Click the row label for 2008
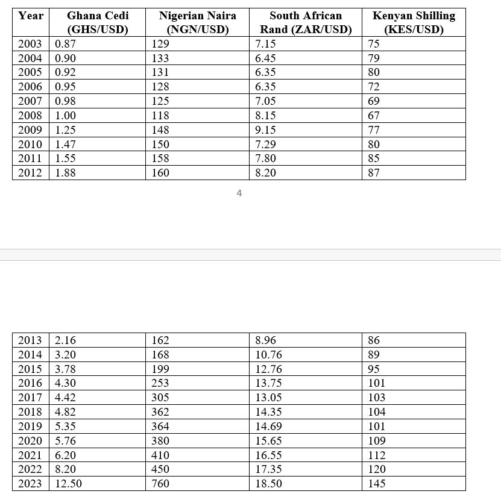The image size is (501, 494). click(30, 116)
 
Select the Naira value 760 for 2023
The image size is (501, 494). click(160, 484)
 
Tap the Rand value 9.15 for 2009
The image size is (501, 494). click(266, 130)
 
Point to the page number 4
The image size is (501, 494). click(239, 193)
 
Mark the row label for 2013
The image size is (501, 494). click(30, 340)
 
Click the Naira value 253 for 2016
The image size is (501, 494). click(160, 383)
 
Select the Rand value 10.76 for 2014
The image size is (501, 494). click(268, 355)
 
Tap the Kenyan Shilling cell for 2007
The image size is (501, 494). click(374, 101)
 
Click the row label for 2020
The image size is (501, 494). click(30, 441)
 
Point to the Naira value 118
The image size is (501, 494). click(160, 116)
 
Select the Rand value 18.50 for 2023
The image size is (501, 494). click(268, 484)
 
